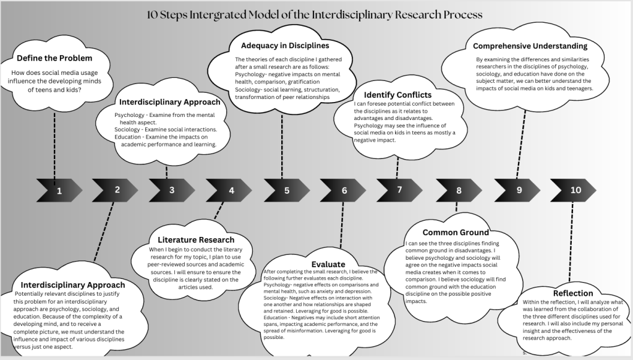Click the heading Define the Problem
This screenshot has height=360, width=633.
coord(55,58)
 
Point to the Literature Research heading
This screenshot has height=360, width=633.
coord(196,239)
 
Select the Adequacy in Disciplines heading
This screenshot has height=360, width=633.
coord(285,46)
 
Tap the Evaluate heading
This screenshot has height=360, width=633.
coord(328,264)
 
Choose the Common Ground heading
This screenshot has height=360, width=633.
coord(456,233)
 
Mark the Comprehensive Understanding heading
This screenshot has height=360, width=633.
coord(530,46)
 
